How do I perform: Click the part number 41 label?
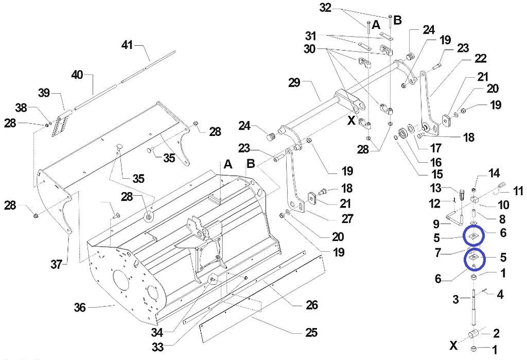[x=127, y=45]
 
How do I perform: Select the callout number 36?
[x=80, y=307]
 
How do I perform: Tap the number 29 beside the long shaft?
[x=294, y=82]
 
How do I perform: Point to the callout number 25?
[x=311, y=332]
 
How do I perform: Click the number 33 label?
[x=157, y=347]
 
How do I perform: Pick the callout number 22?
[x=480, y=58]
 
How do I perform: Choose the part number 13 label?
[x=435, y=188]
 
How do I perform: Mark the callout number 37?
[x=56, y=264]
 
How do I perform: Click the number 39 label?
[x=44, y=93]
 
